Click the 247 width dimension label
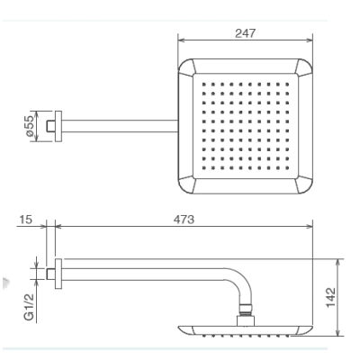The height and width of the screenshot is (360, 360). click(x=245, y=33)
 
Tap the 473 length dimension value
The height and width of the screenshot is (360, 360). click(x=184, y=220)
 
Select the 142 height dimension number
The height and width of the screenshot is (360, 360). click(x=330, y=297)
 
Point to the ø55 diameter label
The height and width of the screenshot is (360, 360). click(x=30, y=126)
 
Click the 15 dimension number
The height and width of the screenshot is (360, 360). click(x=25, y=220)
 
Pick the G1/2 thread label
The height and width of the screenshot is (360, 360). click(x=29, y=307)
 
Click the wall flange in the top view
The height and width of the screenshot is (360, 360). click(x=58, y=126)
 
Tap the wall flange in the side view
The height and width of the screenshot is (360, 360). click(x=58, y=274)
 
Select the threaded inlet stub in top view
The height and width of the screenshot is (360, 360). click(x=50, y=126)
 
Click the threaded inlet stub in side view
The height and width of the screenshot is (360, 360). click(x=50, y=274)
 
